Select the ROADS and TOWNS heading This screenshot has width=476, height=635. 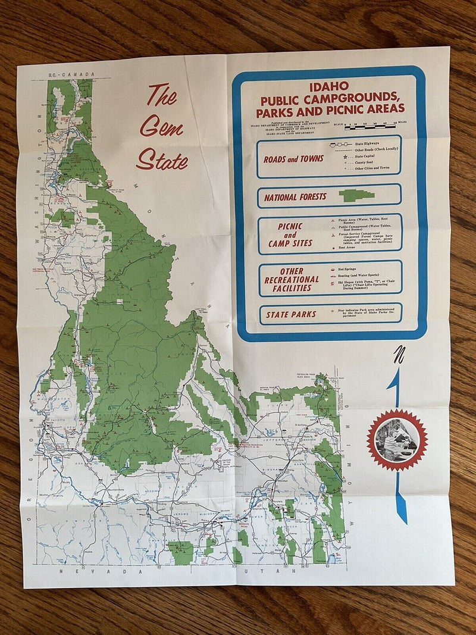[293, 159]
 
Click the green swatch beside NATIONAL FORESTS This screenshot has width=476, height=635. [356, 195]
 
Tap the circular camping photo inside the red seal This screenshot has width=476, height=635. [396, 440]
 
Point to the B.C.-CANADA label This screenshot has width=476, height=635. [71, 74]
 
